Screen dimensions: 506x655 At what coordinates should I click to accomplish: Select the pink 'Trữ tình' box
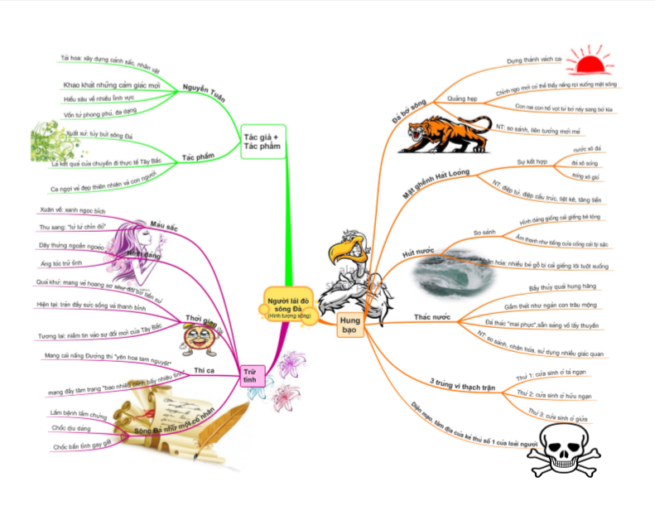point(249,376)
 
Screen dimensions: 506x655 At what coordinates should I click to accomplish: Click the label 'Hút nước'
point(418,253)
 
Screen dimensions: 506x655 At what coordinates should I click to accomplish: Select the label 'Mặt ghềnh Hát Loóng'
point(442,180)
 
